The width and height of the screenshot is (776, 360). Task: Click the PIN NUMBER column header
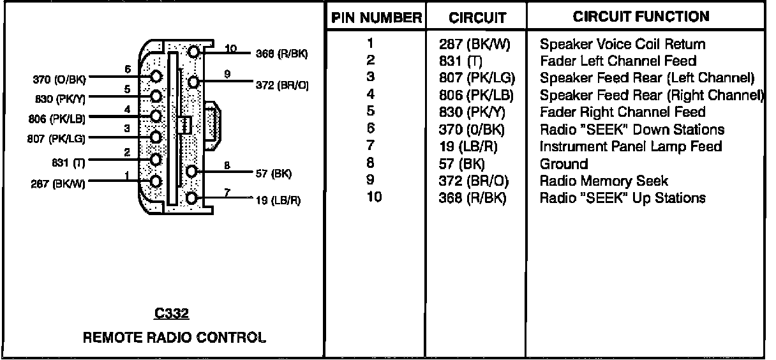(x=376, y=18)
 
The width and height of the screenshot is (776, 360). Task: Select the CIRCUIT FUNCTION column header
(x=641, y=17)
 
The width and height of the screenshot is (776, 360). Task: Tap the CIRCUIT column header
(x=477, y=18)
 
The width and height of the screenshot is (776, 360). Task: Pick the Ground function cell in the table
(x=563, y=164)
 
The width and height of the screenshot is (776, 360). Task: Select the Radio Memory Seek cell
(x=604, y=181)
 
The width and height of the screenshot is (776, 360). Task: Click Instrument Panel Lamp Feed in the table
(x=630, y=147)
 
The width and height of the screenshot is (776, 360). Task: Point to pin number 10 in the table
(x=374, y=197)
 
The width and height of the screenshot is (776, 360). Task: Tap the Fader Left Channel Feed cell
(x=618, y=61)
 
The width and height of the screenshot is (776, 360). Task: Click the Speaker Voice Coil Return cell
(x=622, y=45)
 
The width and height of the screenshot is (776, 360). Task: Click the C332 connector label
(x=172, y=314)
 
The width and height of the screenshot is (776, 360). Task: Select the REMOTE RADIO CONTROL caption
(x=174, y=337)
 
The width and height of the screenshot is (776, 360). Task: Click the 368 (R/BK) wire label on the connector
(x=281, y=54)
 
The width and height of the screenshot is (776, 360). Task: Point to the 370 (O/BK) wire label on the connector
(x=58, y=80)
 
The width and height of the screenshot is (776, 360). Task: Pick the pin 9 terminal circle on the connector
(x=194, y=82)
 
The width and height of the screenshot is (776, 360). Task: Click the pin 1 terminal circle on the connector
(x=155, y=181)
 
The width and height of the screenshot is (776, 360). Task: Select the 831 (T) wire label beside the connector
(x=70, y=161)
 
